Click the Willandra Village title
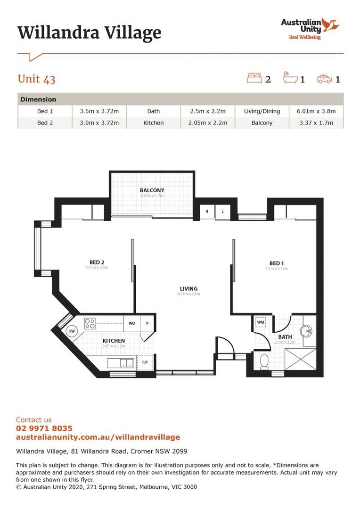[89, 33]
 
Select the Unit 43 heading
[36, 79]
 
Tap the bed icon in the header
[254, 78]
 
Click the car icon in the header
[324, 79]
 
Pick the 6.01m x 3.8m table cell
[316, 111]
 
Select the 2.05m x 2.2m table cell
[207, 123]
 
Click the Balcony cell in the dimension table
[262, 123]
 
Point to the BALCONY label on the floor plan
[152, 190]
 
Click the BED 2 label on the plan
[97, 263]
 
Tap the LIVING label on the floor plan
[188, 288]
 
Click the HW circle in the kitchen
[72, 332]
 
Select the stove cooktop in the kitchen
[90, 323]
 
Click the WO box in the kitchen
[132, 323]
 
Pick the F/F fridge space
[145, 362]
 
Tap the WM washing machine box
[261, 323]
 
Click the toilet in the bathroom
[264, 361]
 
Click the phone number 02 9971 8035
[44, 428]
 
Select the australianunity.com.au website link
[98, 437]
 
